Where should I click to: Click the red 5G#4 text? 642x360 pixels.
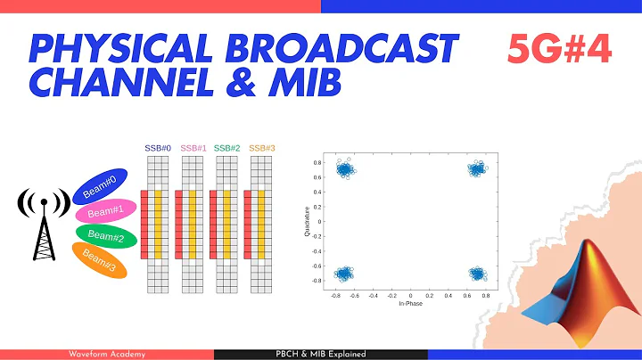tap(558, 51)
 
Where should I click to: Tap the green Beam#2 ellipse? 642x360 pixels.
tap(106, 236)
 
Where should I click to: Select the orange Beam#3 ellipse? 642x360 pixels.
tap(103, 260)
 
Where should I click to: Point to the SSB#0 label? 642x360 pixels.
tap(157, 148)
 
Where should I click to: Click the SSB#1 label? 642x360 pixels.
tap(193, 148)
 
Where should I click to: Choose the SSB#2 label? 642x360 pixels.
tap(226, 148)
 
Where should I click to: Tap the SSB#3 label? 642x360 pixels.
tap(261, 148)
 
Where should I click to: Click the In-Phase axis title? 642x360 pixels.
tap(410, 304)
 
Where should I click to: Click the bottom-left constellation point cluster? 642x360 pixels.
tap(343, 274)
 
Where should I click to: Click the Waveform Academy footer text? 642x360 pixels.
tap(106, 354)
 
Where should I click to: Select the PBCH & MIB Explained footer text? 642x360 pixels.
tap(320, 354)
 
